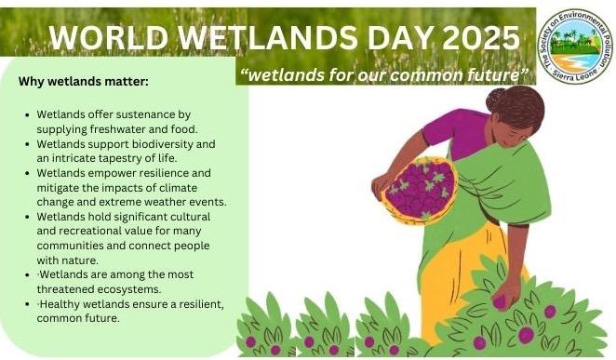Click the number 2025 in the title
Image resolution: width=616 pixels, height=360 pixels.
(481, 38)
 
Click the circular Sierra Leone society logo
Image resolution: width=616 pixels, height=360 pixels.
(576, 47)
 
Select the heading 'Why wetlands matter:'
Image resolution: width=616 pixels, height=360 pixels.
(84, 82)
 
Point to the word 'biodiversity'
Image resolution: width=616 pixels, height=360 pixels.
(163, 144)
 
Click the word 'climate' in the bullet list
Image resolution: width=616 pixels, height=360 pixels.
(178, 188)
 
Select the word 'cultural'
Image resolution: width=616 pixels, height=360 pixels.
(190, 217)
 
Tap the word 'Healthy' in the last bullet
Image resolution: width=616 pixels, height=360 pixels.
(60, 304)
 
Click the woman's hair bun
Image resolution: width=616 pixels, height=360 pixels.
(496, 100)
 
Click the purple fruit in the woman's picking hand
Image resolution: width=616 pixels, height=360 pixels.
(500, 302)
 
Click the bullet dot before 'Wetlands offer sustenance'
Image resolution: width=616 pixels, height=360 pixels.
(27, 115)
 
